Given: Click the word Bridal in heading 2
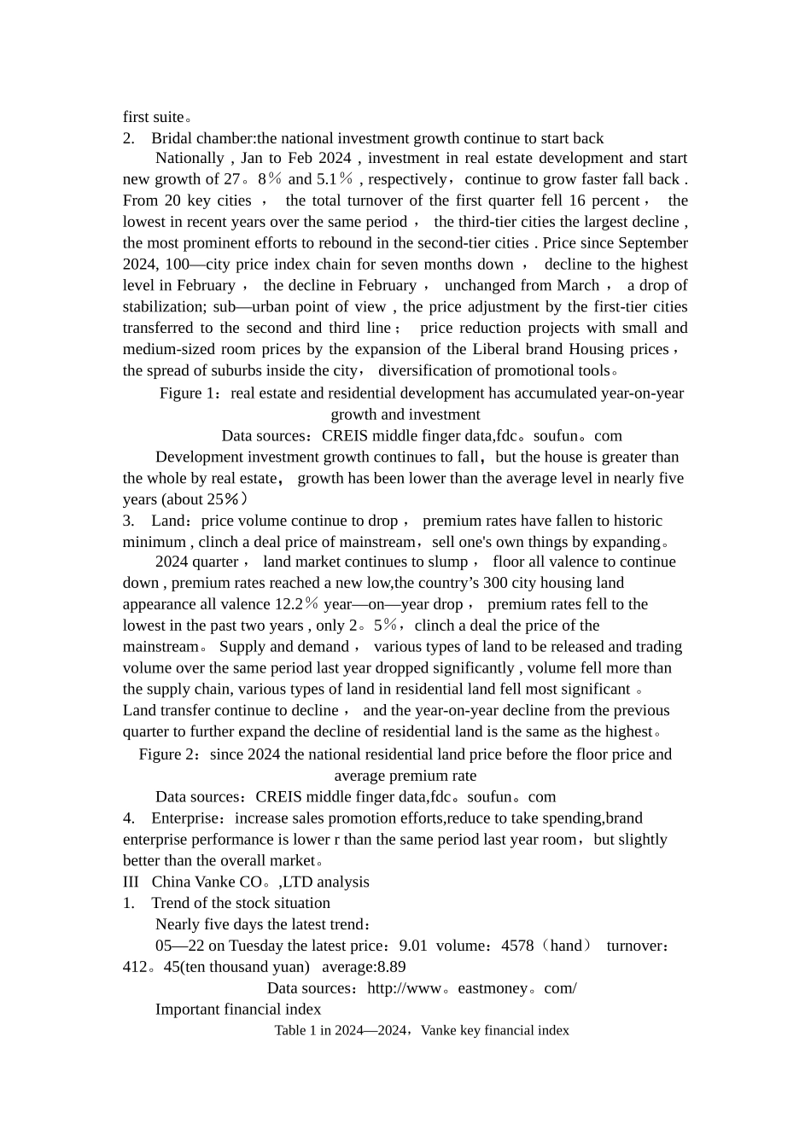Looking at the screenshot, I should (x=173, y=138).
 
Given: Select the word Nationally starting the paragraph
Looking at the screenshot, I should (x=190, y=158).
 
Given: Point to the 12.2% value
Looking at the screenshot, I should (x=296, y=604).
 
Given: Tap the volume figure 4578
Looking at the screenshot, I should (x=517, y=946).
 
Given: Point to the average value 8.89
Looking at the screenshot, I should (x=391, y=967).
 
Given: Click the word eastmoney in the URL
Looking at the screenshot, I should (x=493, y=988).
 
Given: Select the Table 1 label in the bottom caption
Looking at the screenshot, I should (x=295, y=1031).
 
